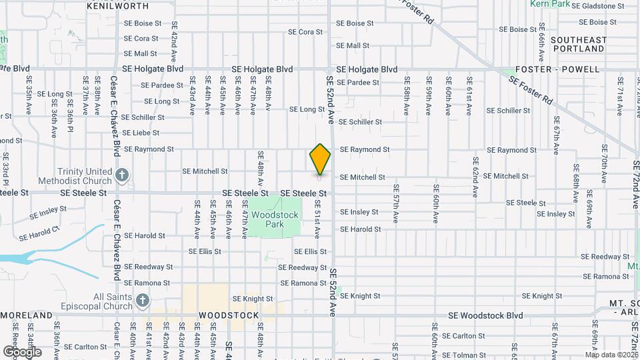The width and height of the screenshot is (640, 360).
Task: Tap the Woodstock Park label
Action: pos(275,220)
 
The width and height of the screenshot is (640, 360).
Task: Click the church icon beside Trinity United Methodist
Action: pos(122,175)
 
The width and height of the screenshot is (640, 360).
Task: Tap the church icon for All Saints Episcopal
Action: pos(142,301)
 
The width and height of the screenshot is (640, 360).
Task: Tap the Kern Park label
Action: pos(550,4)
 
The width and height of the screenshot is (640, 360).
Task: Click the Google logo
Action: pos(21,351)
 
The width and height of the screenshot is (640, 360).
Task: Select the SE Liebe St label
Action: pos(145,133)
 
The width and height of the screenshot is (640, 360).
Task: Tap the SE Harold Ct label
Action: pos(39,233)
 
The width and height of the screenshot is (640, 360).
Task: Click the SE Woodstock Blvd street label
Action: pos(485,315)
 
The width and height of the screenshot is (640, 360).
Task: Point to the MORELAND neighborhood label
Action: pos(27,315)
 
